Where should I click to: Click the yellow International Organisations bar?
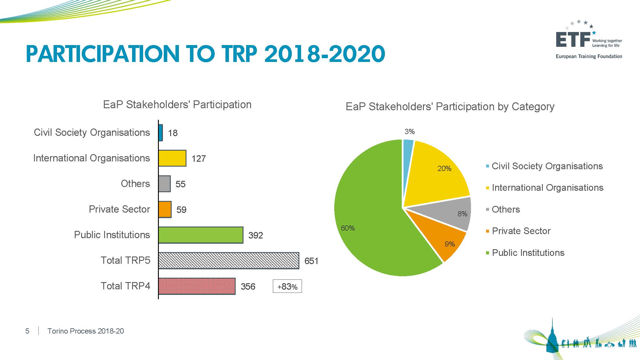pyautogui.click(x=172, y=158)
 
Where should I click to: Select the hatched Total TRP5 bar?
pyautogui.click(x=229, y=261)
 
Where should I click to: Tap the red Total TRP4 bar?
pyautogui.click(x=197, y=286)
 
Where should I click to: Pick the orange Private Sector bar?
pyautogui.click(x=165, y=209)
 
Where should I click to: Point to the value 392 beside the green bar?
pyautogui.click(x=255, y=235)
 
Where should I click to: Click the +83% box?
pyautogui.click(x=287, y=286)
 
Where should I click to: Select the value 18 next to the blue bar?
pyautogui.click(x=173, y=133)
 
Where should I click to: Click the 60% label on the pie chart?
pyautogui.click(x=348, y=228)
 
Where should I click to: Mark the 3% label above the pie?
pyautogui.click(x=409, y=132)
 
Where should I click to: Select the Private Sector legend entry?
pyautogui.click(x=521, y=231)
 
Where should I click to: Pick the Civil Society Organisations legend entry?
pyautogui.click(x=547, y=166)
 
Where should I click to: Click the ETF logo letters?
pyautogui.click(x=573, y=40)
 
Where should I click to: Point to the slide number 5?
pyautogui.click(x=27, y=331)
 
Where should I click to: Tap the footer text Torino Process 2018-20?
pyautogui.click(x=86, y=331)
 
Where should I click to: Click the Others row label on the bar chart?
pyautogui.click(x=135, y=184)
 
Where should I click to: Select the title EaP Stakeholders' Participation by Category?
pyautogui.click(x=450, y=107)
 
